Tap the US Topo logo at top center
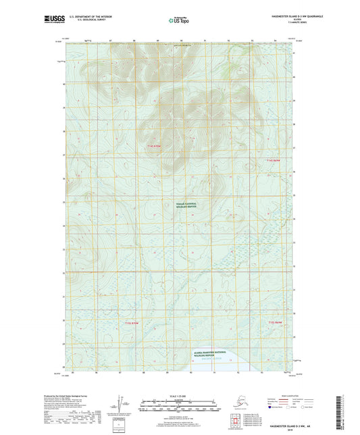click(179, 21)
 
